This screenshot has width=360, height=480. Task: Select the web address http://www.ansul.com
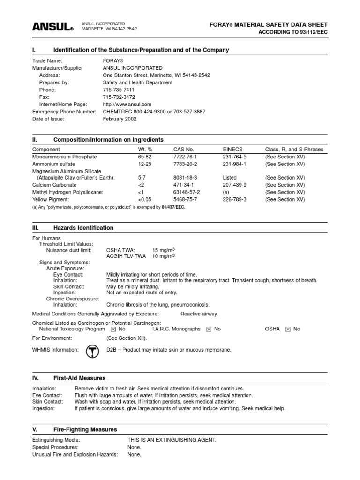pos(127,105)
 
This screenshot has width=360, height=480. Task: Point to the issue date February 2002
pos(120,119)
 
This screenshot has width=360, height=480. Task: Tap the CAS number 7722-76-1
pos(185,157)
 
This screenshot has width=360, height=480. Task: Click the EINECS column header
pos(232,150)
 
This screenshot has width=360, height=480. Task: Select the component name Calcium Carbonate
pos(54,185)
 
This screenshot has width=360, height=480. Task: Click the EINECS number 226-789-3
pos(234,200)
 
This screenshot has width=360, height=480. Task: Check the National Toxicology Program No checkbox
pos(115,330)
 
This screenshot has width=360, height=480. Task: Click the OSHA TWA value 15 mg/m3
pos(164,250)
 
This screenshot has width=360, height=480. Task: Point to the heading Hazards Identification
pos(83,228)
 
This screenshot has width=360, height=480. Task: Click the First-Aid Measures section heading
pos(80,378)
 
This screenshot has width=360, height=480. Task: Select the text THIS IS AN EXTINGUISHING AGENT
pos(172,440)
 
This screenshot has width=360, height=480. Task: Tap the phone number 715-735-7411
pos(119,90)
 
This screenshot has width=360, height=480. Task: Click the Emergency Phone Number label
pos(64,112)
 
